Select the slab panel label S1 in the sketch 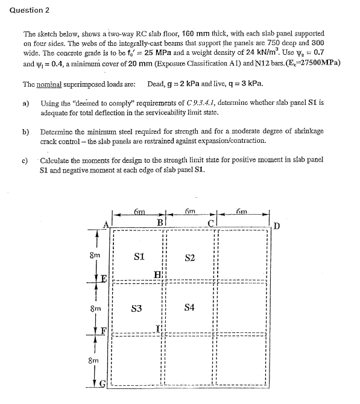click(139, 256)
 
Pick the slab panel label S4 click(189, 308)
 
